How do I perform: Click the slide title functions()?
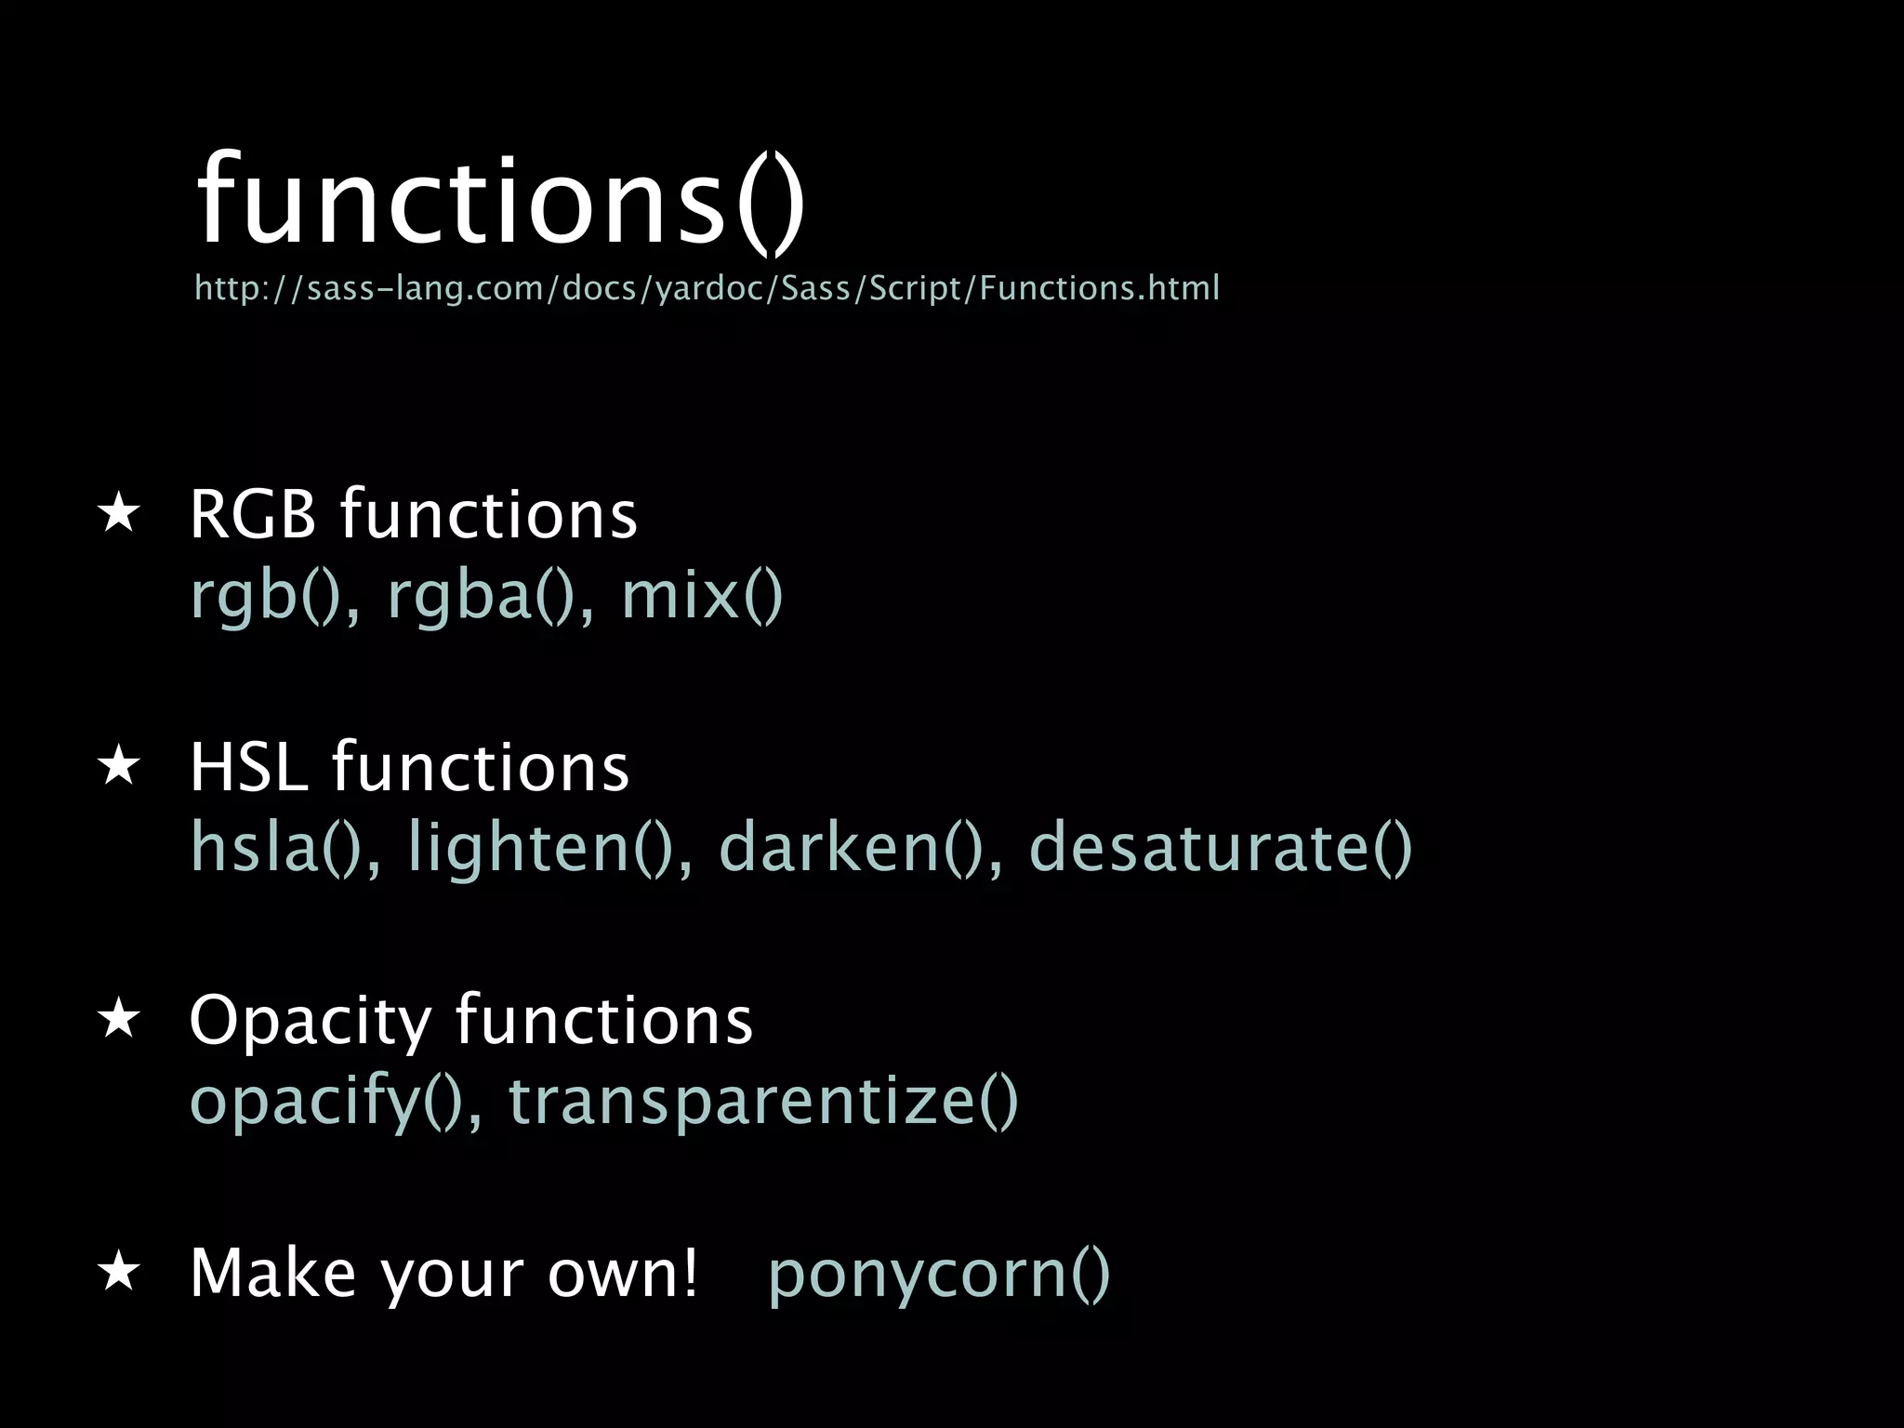point(500,200)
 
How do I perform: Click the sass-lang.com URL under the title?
point(707,288)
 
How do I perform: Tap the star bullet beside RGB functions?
point(119,514)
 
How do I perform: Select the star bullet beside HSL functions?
point(119,767)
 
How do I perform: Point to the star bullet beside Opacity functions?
point(119,1020)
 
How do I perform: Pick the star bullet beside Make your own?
point(119,1272)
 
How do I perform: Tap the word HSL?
point(248,768)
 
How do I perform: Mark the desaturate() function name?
point(1220,848)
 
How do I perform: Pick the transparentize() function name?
point(763,1101)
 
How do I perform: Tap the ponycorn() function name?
point(939,1274)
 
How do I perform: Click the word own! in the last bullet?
point(622,1272)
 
